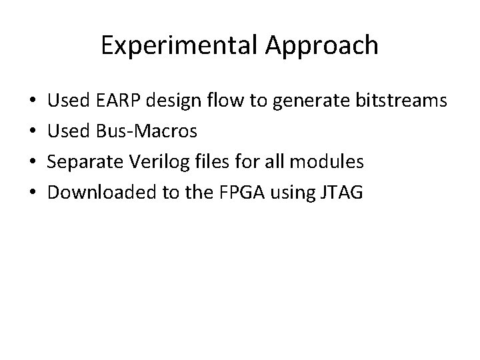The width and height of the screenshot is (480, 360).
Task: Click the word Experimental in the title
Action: pos(181,45)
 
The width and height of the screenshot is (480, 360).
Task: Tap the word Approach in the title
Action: pos(322,45)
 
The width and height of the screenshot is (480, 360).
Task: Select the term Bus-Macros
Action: pos(146,132)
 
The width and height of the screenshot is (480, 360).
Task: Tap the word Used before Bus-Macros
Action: pos(70,132)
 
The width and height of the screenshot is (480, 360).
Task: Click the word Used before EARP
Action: pos(70,102)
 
